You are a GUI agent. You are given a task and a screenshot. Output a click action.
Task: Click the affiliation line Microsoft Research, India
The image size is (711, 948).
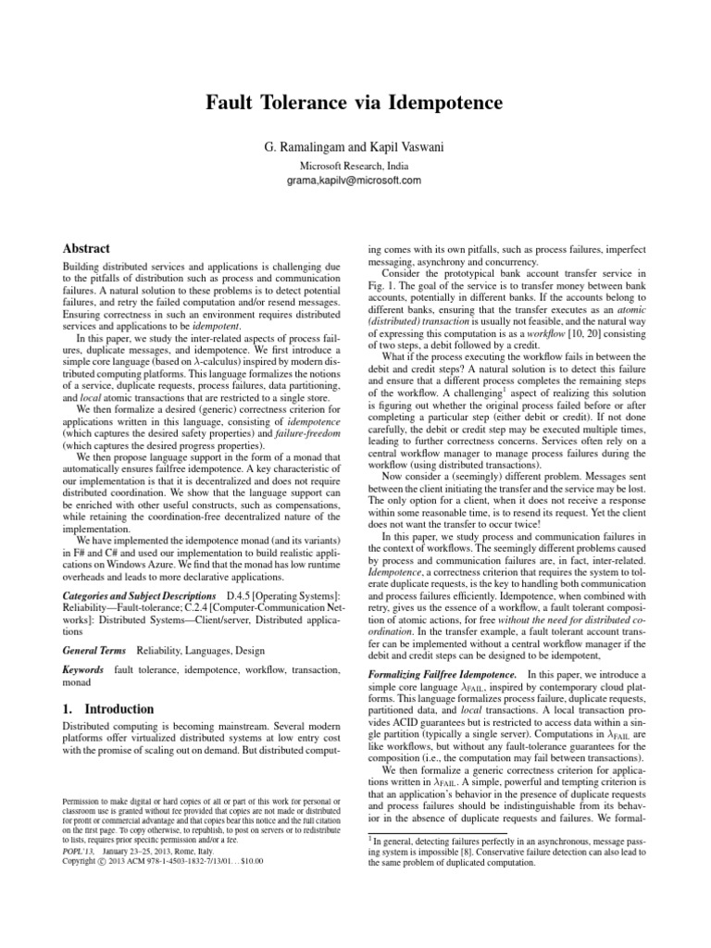pyautogui.click(x=355, y=165)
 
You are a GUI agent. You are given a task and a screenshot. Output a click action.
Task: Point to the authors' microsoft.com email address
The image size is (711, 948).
pyautogui.click(x=355, y=179)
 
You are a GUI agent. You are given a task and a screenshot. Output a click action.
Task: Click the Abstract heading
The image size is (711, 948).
pyautogui.click(x=85, y=249)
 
